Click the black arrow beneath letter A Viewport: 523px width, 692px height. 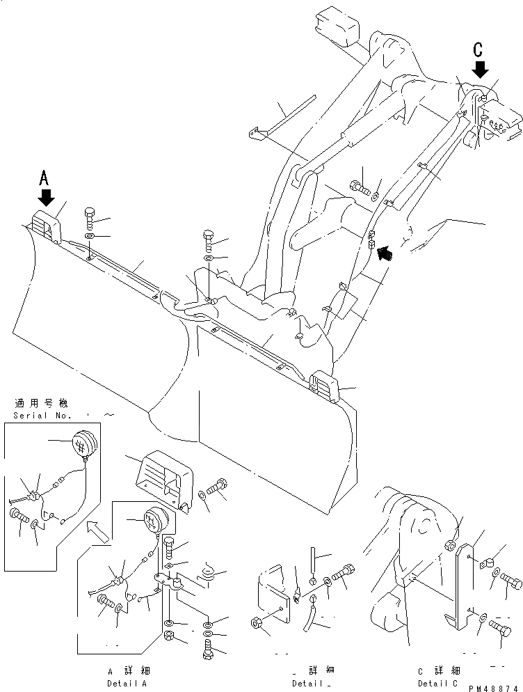(x=46, y=198)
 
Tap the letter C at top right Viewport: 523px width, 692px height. (x=478, y=49)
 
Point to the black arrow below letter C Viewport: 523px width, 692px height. (x=479, y=68)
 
